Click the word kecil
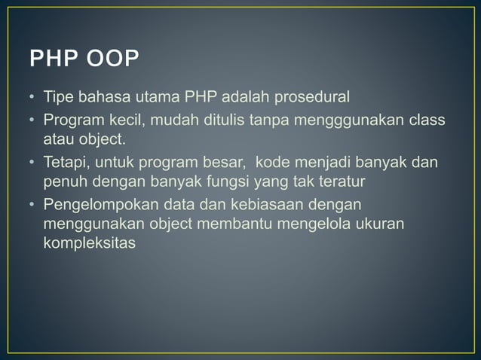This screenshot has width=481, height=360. (122, 119)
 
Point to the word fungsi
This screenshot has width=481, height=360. (224, 182)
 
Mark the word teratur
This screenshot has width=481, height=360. (340, 182)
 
